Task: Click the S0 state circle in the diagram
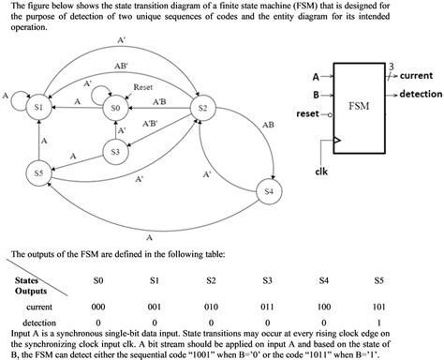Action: tap(115, 109)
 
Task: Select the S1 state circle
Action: tap(38, 109)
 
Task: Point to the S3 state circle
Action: tap(114, 150)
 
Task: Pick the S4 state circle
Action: tap(270, 191)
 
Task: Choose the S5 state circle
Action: tap(38, 173)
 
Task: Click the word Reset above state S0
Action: tap(143, 86)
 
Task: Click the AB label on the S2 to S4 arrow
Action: tap(269, 124)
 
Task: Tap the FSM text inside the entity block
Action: tap(359, 104)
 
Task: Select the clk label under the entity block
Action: tap(321, 171)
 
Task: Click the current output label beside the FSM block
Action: tap(416, 75)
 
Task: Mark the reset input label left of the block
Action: tap(307, 113)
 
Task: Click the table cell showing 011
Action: tap(267, 307)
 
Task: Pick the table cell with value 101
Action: tap(378, 307)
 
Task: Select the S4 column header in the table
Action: tap(322, 280)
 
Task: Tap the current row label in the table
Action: tap(38, 307)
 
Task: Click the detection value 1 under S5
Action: tap(378, 321)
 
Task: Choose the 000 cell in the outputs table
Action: tap(97, 307)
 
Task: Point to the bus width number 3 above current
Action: tap(391, 65)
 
